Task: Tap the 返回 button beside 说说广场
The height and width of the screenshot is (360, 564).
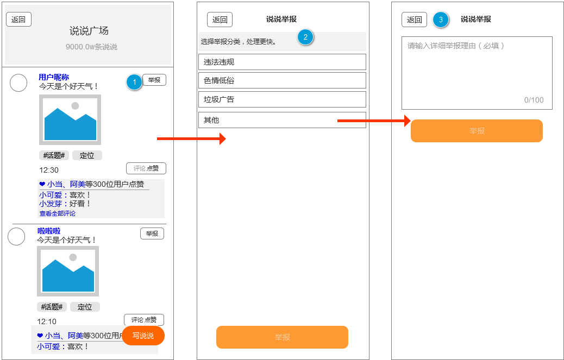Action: (x=18, y=20)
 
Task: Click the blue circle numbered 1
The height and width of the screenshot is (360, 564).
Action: (x=134, y=83)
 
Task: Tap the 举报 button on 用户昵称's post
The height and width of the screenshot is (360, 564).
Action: (x=154, y=80)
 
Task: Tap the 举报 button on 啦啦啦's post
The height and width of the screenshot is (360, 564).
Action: (x=152, y=233)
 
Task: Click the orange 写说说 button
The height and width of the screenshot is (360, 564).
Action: (x=143, y=336)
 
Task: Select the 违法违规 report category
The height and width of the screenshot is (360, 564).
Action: (x=282, y=62)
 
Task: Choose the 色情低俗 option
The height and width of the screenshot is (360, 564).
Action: (x=282, y=80)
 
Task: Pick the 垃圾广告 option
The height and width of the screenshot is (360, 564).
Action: (x=282, y=99)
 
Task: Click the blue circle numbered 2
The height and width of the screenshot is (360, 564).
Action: (x=305, y=36)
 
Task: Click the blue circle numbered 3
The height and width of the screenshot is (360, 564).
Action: (x=441, y=20)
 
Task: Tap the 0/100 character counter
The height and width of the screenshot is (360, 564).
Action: (x=534, y=100)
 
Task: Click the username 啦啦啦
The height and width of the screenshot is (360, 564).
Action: (x=49, y=231)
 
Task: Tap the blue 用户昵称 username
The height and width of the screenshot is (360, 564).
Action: (x=54, y=77)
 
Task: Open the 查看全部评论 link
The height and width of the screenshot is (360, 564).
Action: (x=58, y=213)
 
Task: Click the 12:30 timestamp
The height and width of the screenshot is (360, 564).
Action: (x=49, y=170)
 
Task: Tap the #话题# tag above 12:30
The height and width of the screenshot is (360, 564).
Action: (x=54, y=155)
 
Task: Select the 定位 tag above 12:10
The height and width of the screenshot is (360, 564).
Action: (x=85, y=307)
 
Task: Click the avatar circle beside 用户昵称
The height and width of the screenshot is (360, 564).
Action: (x=18, y=83)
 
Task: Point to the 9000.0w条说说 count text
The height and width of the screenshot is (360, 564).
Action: (x=91, y=47)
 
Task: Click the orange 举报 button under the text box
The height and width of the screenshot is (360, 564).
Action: (x=477, y=131)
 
